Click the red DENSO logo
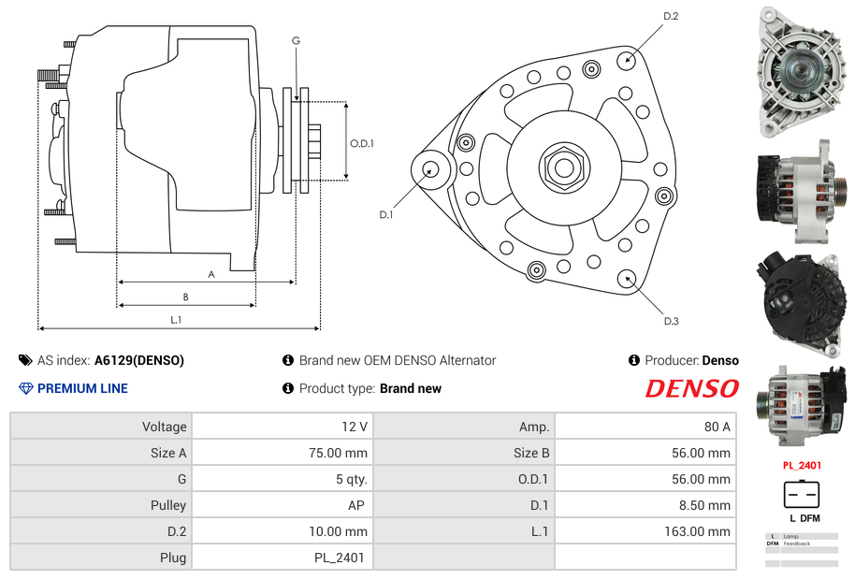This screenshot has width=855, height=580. pyautogui.click(x=691, y=388)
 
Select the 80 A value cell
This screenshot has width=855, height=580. pyautogui.click(x=717, y=427)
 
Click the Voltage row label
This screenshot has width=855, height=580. pyautogui.click(x=164, y=427)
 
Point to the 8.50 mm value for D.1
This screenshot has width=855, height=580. pyautogui.click(x=706, y=505)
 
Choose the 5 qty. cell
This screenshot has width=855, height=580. pyautogui.click(x=351, y=479)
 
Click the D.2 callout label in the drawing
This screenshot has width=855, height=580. pyautogui.click(x=671, y=16)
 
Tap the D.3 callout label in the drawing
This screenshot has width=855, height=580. pyautogui.click(x=671, y=321)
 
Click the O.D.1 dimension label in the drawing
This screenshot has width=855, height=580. pyautogui.click(x=362, y=143)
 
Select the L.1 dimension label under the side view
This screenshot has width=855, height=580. pyautogui.click(x=176, y=320)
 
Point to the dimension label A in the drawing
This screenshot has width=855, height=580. pyautogui.click(x=211, y=274)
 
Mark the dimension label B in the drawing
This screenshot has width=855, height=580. pyautogui.click(x=186, y=297)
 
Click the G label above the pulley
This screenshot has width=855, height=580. pyautogui.click(x=296, y=40)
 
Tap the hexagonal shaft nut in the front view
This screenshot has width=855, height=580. pyautogui.click(x=563, y=167)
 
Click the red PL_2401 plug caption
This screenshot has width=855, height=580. pyautogui.click(x=801, y=465)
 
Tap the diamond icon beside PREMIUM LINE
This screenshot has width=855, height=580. pyautogui.click(x=25, y=388)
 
